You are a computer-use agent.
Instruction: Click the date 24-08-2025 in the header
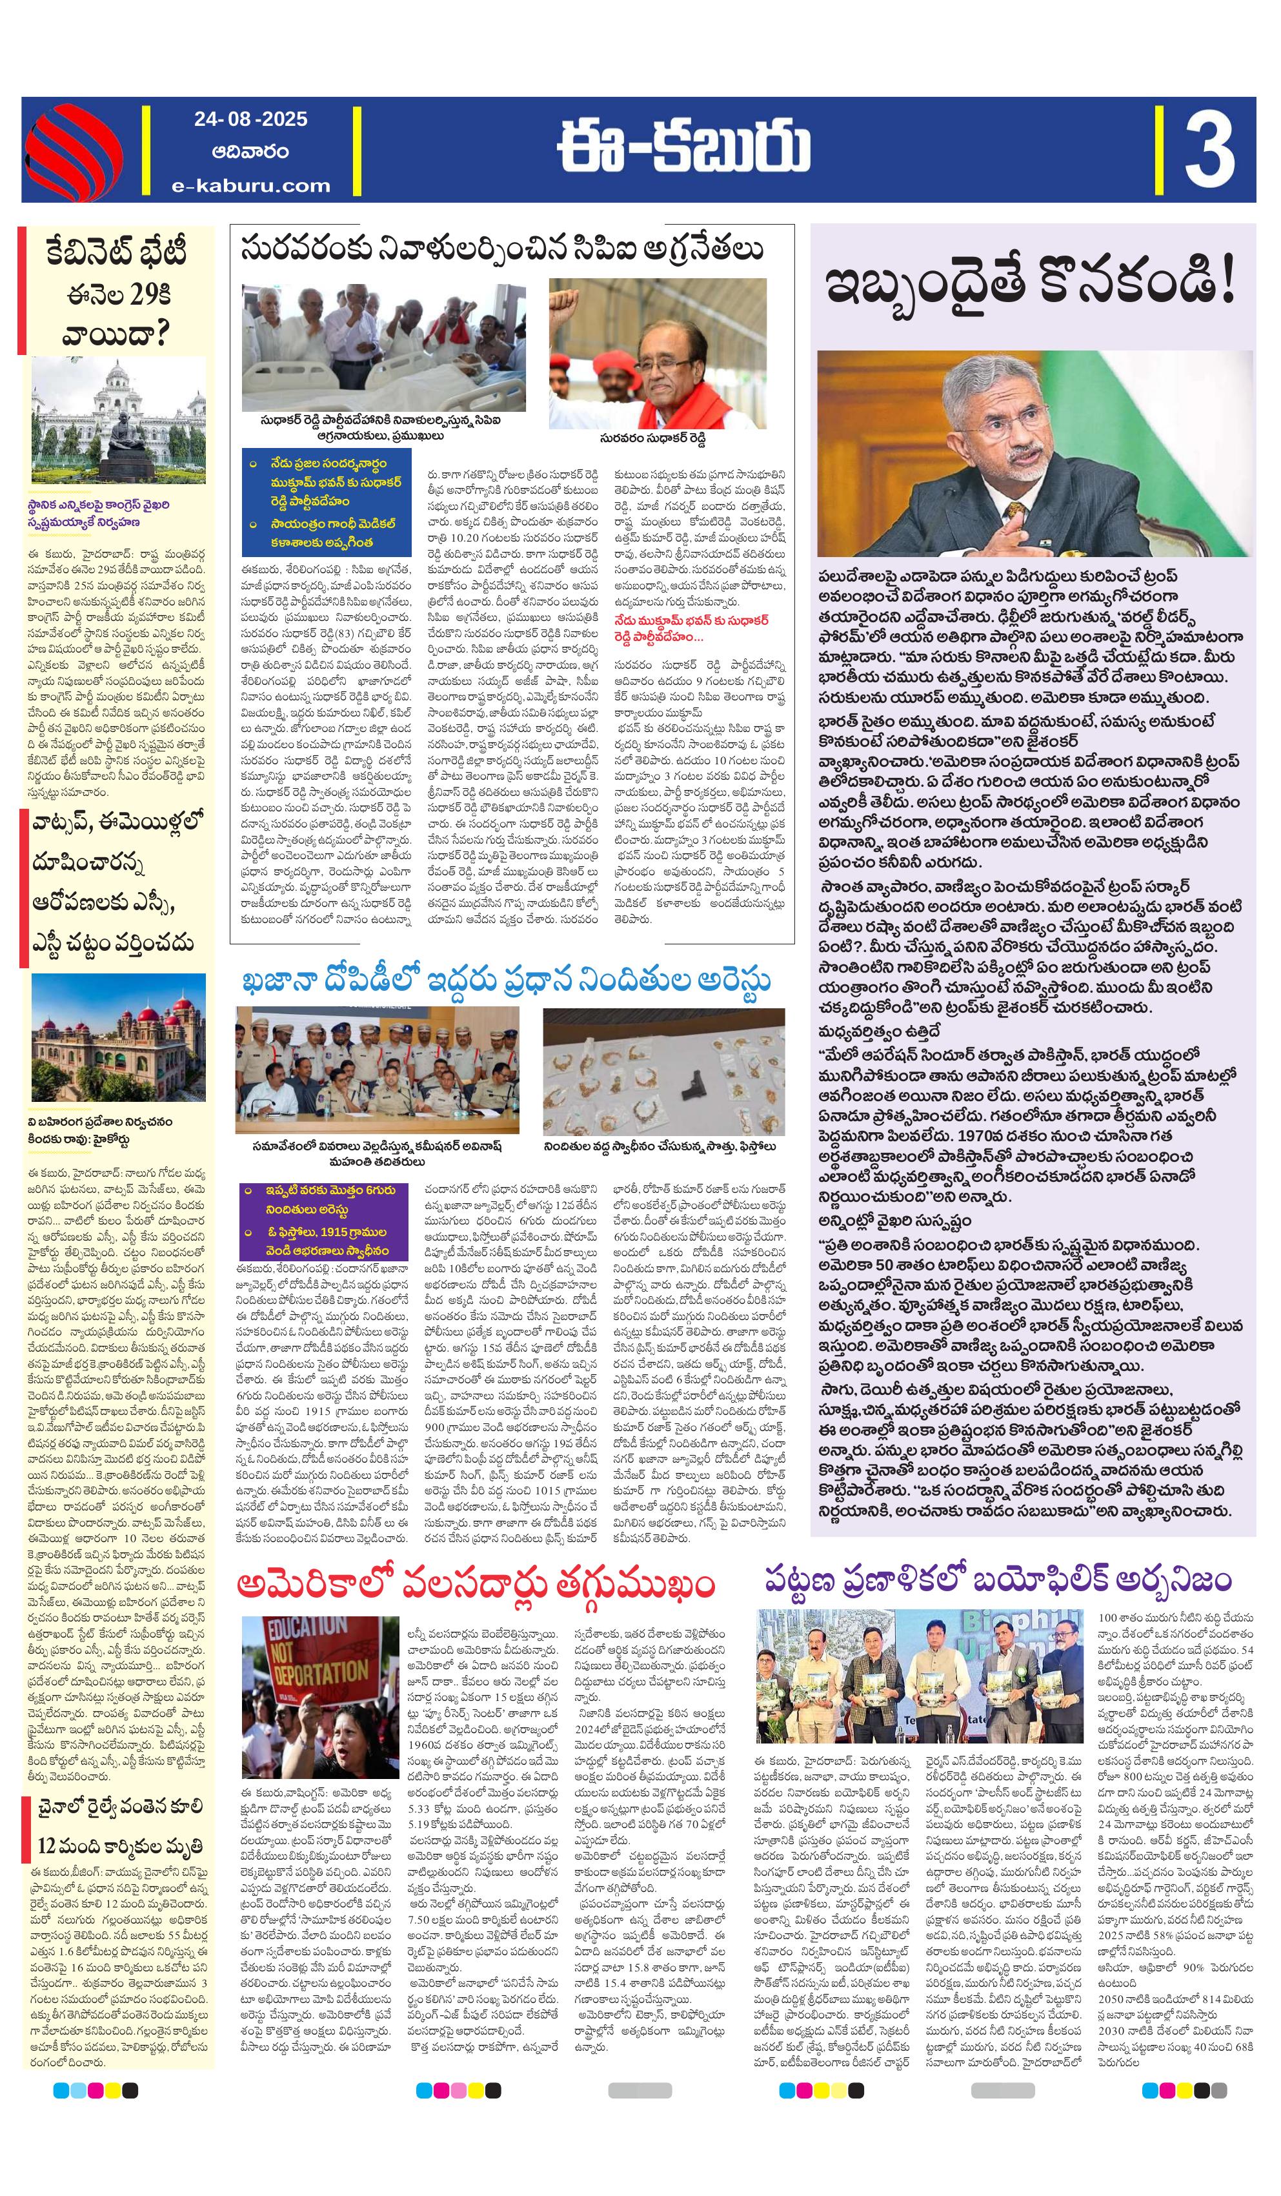(x=250, y=119)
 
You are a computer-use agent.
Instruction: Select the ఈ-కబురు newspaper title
(x=684, y=149)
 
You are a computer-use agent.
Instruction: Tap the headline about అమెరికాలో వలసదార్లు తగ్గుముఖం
(x=476, y=1583)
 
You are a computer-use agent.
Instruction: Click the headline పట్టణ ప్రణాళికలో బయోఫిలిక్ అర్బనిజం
(x=998, y=1578)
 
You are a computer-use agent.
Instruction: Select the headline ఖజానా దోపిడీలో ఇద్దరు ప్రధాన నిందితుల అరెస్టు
(x=505, y=981)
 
